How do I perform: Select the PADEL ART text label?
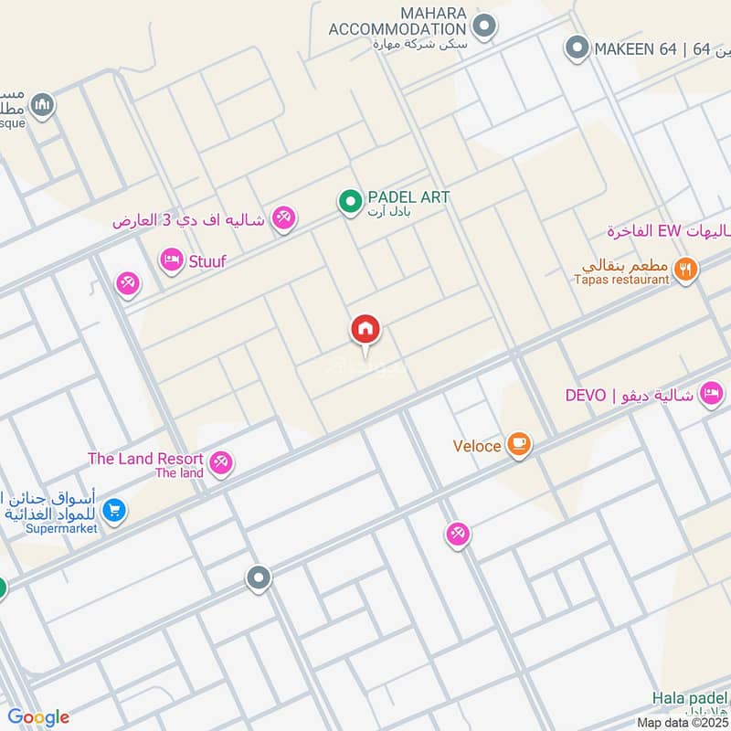tap(408, 197)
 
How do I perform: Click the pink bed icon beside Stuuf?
tap(171, 261)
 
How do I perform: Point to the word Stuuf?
tap(207, 261)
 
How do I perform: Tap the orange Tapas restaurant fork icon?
tap(685, 269)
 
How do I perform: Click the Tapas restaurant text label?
tap(625, 279)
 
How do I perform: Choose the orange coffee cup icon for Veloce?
tap(519, 445)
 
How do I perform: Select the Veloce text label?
tap(477, 446)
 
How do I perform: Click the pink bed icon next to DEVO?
tap(710, 395)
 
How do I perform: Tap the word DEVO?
tap(586, 396)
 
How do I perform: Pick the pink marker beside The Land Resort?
tap(220, 463)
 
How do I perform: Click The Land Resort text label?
tap(145, 459)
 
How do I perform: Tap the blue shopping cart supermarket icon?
tap(113, 510)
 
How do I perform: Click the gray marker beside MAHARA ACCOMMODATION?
tap(485, 26)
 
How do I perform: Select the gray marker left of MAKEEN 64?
tap(577, 48)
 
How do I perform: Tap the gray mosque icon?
tap(41, 107)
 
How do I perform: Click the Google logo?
tap(37, 717)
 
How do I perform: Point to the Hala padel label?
tap(690, 699)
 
